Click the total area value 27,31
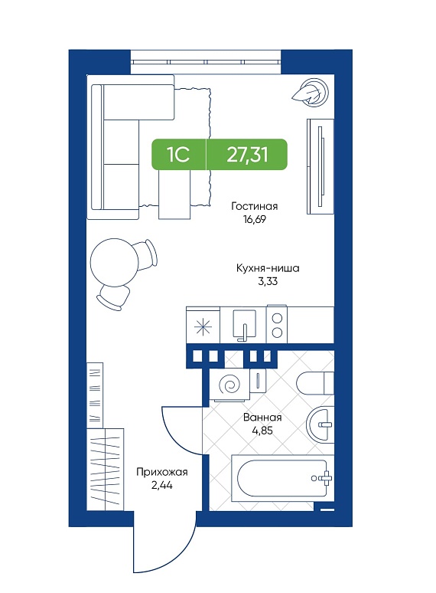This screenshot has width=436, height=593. pyautogui.click(x=247, y=154)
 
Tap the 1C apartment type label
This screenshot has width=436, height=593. pyautogui.click(x=178, y=154)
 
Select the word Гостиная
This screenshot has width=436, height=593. pyautogui.click(x=255, y=206)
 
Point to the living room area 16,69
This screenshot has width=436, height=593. pyautogui.click(x=255, y=219)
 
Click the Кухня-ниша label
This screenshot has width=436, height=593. pyautogui.click(x=268, y=268)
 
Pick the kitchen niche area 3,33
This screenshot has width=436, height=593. pyautogui.click(x=268, y=281)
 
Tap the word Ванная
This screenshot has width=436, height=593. pyautogui.click(x=262, y=418)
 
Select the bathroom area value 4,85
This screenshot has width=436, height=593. pyautogui.click(x=262, y=431)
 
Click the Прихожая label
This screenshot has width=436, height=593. pyautogui.click(x=162, y=472)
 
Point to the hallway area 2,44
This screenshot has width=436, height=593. pyautogui.click(x=162, y=485)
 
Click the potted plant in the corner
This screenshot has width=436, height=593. pyautogui.click(x=312, y=92)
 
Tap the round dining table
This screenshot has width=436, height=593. pyautogui.click(x=115, y=262)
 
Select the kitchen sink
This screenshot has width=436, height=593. pyautogui.click(x=244, y=325)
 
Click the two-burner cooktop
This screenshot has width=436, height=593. pyautogui.click(x=277, y=325)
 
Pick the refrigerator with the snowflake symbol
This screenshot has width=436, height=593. pyautogui.click(x=203, y=326)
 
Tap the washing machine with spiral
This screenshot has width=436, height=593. pyautogui.click(x=230, y=385)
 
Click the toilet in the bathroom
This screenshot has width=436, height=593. pyautogui.click(x=316, y=383)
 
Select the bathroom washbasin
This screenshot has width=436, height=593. pyautogui.click(x=320, y=424)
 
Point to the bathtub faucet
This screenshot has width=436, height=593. pyautogui.click(x=323, y=478)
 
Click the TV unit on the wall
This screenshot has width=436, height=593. pyautogui.click(x=320, y=166)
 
